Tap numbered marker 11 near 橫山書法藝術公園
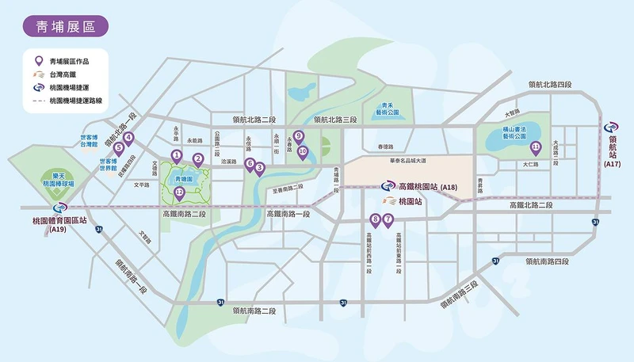click(x=537, y=147)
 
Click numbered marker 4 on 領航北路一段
click(x=128, y=137)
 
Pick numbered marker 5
click(x=118, y=147)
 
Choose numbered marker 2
click(x=197, y=158)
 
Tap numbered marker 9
click(x=298, y=135)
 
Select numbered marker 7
click(x=388, y=219)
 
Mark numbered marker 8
click(x=376, y=219)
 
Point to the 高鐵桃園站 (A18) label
click(x=428, y=187)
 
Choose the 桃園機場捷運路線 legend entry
click(x=78, y=101)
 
